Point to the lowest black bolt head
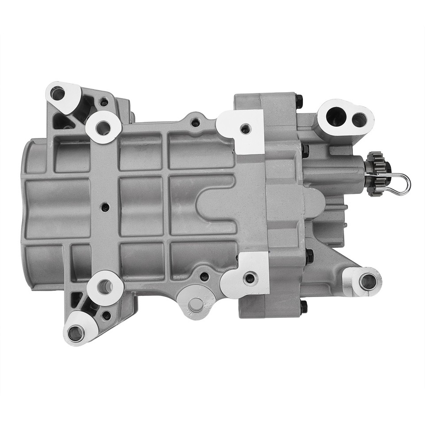[303, 307]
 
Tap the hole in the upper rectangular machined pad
[244, 129]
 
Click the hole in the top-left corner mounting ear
[57, 93]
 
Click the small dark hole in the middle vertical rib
[105, 206]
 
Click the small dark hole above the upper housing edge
[195, 122]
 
